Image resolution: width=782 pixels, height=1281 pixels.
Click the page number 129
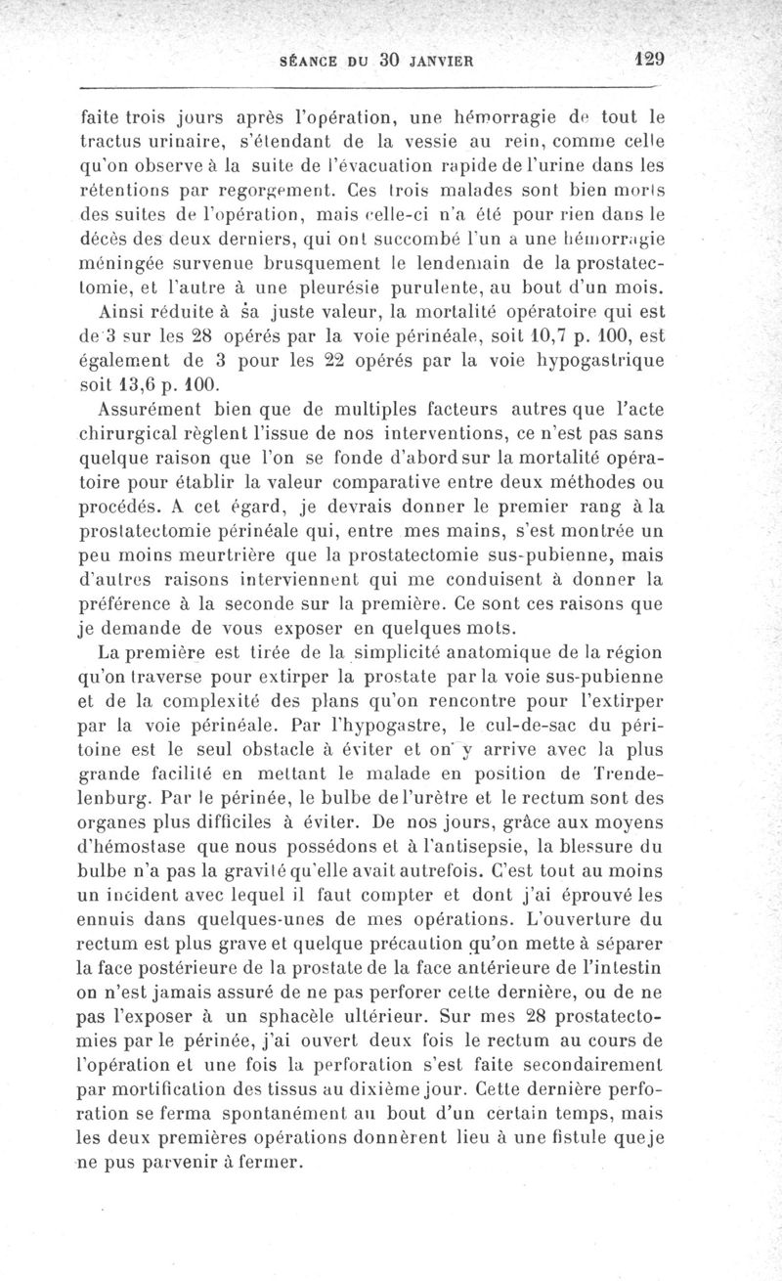tap(647, 58)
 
